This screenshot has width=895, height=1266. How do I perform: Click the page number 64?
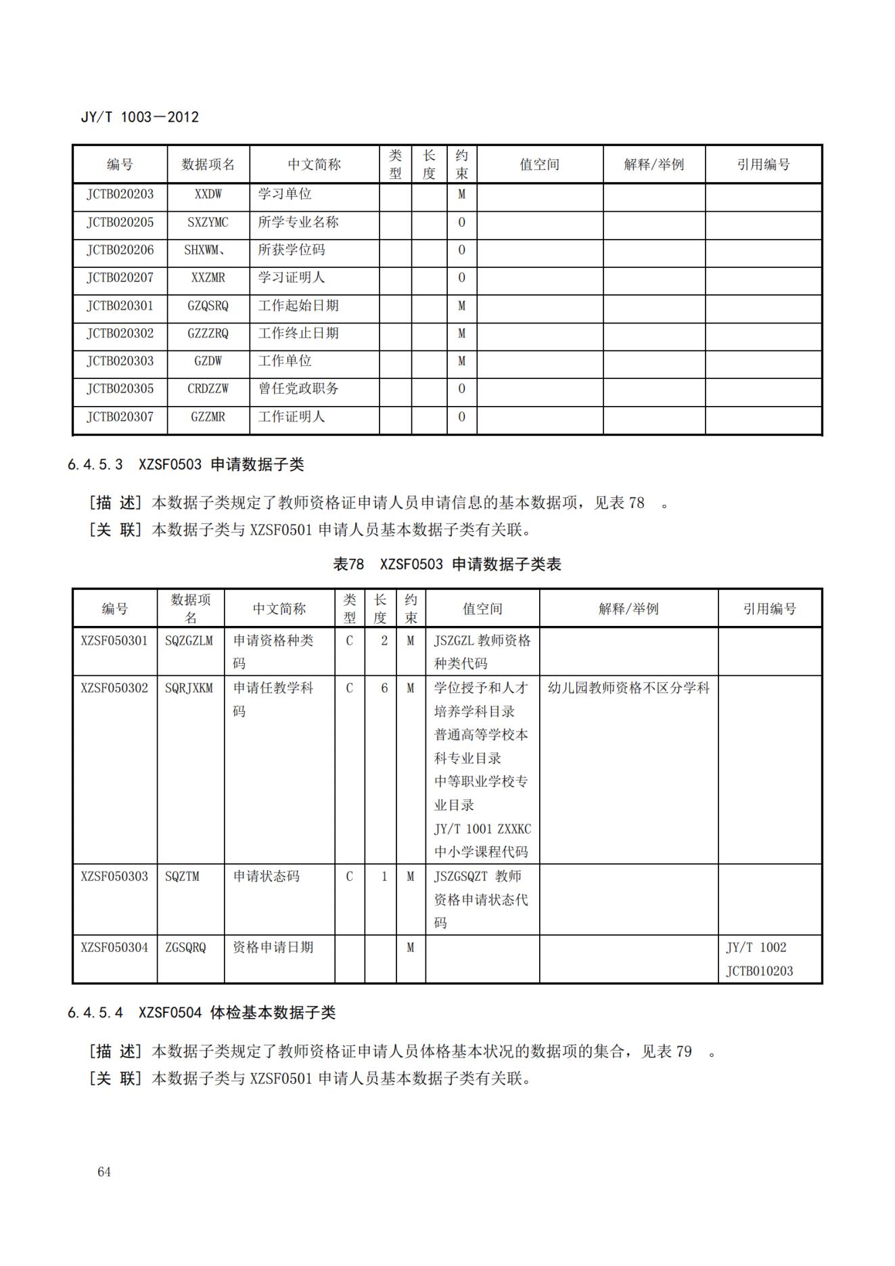(104, 1171)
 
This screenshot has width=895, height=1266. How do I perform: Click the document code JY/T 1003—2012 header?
(140, 117)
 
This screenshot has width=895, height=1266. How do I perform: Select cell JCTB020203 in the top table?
(120, 194)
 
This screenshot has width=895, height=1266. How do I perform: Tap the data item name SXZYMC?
(208, 222)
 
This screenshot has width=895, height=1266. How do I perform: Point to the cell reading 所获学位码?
(292, 250)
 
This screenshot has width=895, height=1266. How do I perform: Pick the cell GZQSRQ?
(208, 306)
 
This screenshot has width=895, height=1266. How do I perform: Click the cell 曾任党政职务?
(298, 389)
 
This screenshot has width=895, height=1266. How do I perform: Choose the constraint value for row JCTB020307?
(461, 417)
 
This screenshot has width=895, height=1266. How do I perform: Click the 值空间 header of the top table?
(539, 164)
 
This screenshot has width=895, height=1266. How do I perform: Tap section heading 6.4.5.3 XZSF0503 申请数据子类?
(186, 464)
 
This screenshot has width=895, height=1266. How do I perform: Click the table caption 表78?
(348, 564)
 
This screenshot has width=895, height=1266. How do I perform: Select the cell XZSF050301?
(114, 641)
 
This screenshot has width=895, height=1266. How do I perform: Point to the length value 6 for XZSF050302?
(384, 688)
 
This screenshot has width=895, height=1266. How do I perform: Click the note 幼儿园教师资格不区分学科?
(628, 688)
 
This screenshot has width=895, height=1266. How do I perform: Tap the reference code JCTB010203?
(759, 971)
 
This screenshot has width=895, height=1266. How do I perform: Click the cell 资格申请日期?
(273, 947)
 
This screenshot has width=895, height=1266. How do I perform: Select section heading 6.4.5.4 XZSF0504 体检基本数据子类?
(202, 1012)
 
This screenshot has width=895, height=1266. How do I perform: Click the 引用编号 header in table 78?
(769, 609)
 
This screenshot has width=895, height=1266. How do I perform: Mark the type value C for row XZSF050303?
(349, 876)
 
